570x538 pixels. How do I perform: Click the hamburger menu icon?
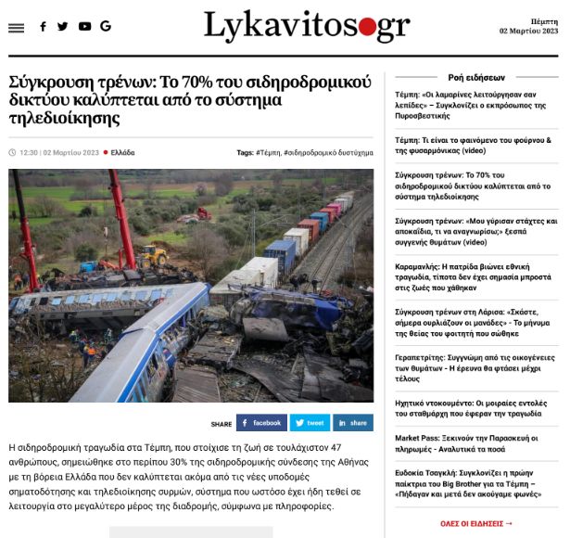[16, 28]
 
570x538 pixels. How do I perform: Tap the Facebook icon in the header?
[43, 27]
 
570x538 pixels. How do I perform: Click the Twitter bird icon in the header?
[63, 27]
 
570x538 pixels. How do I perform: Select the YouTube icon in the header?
[84, 27]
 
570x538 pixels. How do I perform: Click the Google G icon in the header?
[106, 27]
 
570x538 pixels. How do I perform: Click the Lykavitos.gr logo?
[306, 27]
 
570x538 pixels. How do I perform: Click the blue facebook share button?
[261, 423]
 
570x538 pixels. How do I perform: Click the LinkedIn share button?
[352, 423]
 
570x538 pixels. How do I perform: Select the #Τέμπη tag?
[268, 152]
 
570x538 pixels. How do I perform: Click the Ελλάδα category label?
[122, 152]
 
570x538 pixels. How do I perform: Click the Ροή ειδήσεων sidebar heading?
[476, 78]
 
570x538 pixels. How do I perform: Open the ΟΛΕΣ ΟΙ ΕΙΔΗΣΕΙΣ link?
[476, 523]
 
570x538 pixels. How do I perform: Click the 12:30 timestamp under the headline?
[29, 152]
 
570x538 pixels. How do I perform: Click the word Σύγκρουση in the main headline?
[46, 81]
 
